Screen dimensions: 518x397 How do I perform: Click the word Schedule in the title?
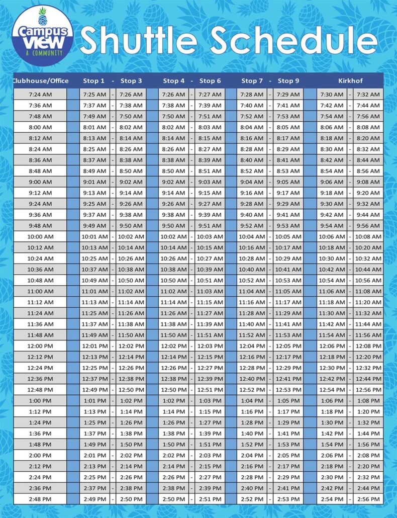tap(293, 40)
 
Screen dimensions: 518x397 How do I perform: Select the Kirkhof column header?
tap(350, 80)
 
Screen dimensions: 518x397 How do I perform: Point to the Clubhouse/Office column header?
tap(40, 80)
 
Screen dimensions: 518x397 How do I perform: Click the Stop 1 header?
tap(94, 80)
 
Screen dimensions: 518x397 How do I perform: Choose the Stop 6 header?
tap(210, 80)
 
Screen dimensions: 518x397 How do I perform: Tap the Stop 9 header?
tap(288, 80)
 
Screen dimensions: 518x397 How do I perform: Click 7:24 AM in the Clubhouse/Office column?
tap(40, 95)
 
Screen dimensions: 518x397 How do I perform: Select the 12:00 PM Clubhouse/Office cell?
tap(40, 346)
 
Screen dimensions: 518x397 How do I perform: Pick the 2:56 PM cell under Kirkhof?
tap(368, 499)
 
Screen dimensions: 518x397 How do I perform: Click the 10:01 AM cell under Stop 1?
tap(94, 237)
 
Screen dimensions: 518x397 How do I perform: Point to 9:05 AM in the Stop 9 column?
tap(288, 182)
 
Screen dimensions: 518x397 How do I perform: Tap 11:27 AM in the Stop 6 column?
tap(210, 313)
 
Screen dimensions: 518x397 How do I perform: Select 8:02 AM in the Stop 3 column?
tap(131, 127)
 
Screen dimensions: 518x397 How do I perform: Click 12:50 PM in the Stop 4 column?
tap(173, 390)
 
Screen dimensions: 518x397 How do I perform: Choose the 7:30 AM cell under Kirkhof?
tap(332, 95)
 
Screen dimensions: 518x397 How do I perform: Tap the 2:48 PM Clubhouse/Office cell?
tap(40, 499)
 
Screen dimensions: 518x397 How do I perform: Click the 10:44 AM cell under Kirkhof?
tap(368, 270)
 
